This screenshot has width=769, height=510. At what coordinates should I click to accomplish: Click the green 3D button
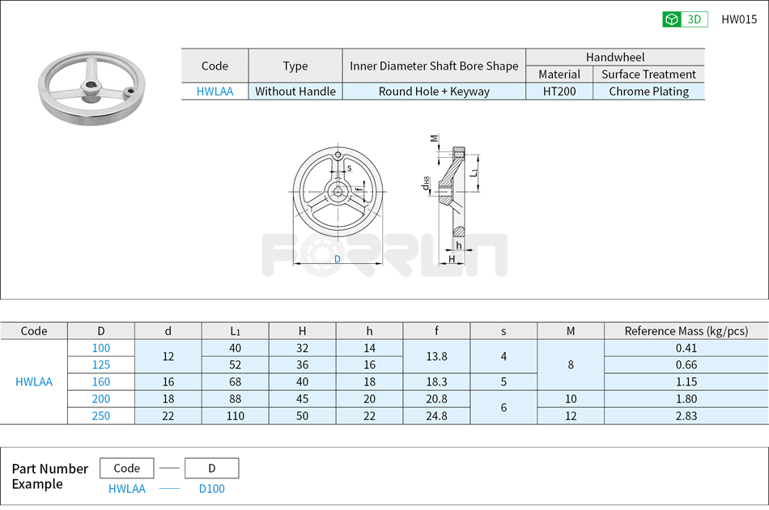point(685,19)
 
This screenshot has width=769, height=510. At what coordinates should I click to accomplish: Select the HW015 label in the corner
point(738,19)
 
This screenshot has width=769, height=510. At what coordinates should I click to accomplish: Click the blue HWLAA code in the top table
point(215,91)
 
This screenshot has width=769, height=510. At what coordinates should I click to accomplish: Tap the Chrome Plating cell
point(648,91)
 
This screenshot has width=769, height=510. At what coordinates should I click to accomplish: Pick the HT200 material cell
point(559,91)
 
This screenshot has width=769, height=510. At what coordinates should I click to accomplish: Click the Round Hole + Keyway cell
point(434,91)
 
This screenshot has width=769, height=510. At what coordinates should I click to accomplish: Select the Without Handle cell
point(295,91)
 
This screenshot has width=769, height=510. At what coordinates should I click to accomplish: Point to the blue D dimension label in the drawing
point(338,259)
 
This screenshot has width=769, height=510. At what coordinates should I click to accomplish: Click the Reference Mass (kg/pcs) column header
point(686,330)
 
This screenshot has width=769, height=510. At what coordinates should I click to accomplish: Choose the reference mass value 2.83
point(686,415)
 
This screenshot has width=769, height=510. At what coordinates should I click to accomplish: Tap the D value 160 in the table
point(101,381)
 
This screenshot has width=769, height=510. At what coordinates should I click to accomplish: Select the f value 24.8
point(436,415)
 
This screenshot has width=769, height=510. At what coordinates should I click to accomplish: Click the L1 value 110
point(235,415)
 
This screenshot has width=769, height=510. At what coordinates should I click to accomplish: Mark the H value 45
point(302,398)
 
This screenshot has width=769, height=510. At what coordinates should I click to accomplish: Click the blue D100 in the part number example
point(211,488)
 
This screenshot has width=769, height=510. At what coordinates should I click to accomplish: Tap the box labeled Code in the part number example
point(126,468)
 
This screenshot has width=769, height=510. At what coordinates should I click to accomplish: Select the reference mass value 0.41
point(686,348)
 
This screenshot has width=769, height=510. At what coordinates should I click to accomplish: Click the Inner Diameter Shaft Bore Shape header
point(434,66)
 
